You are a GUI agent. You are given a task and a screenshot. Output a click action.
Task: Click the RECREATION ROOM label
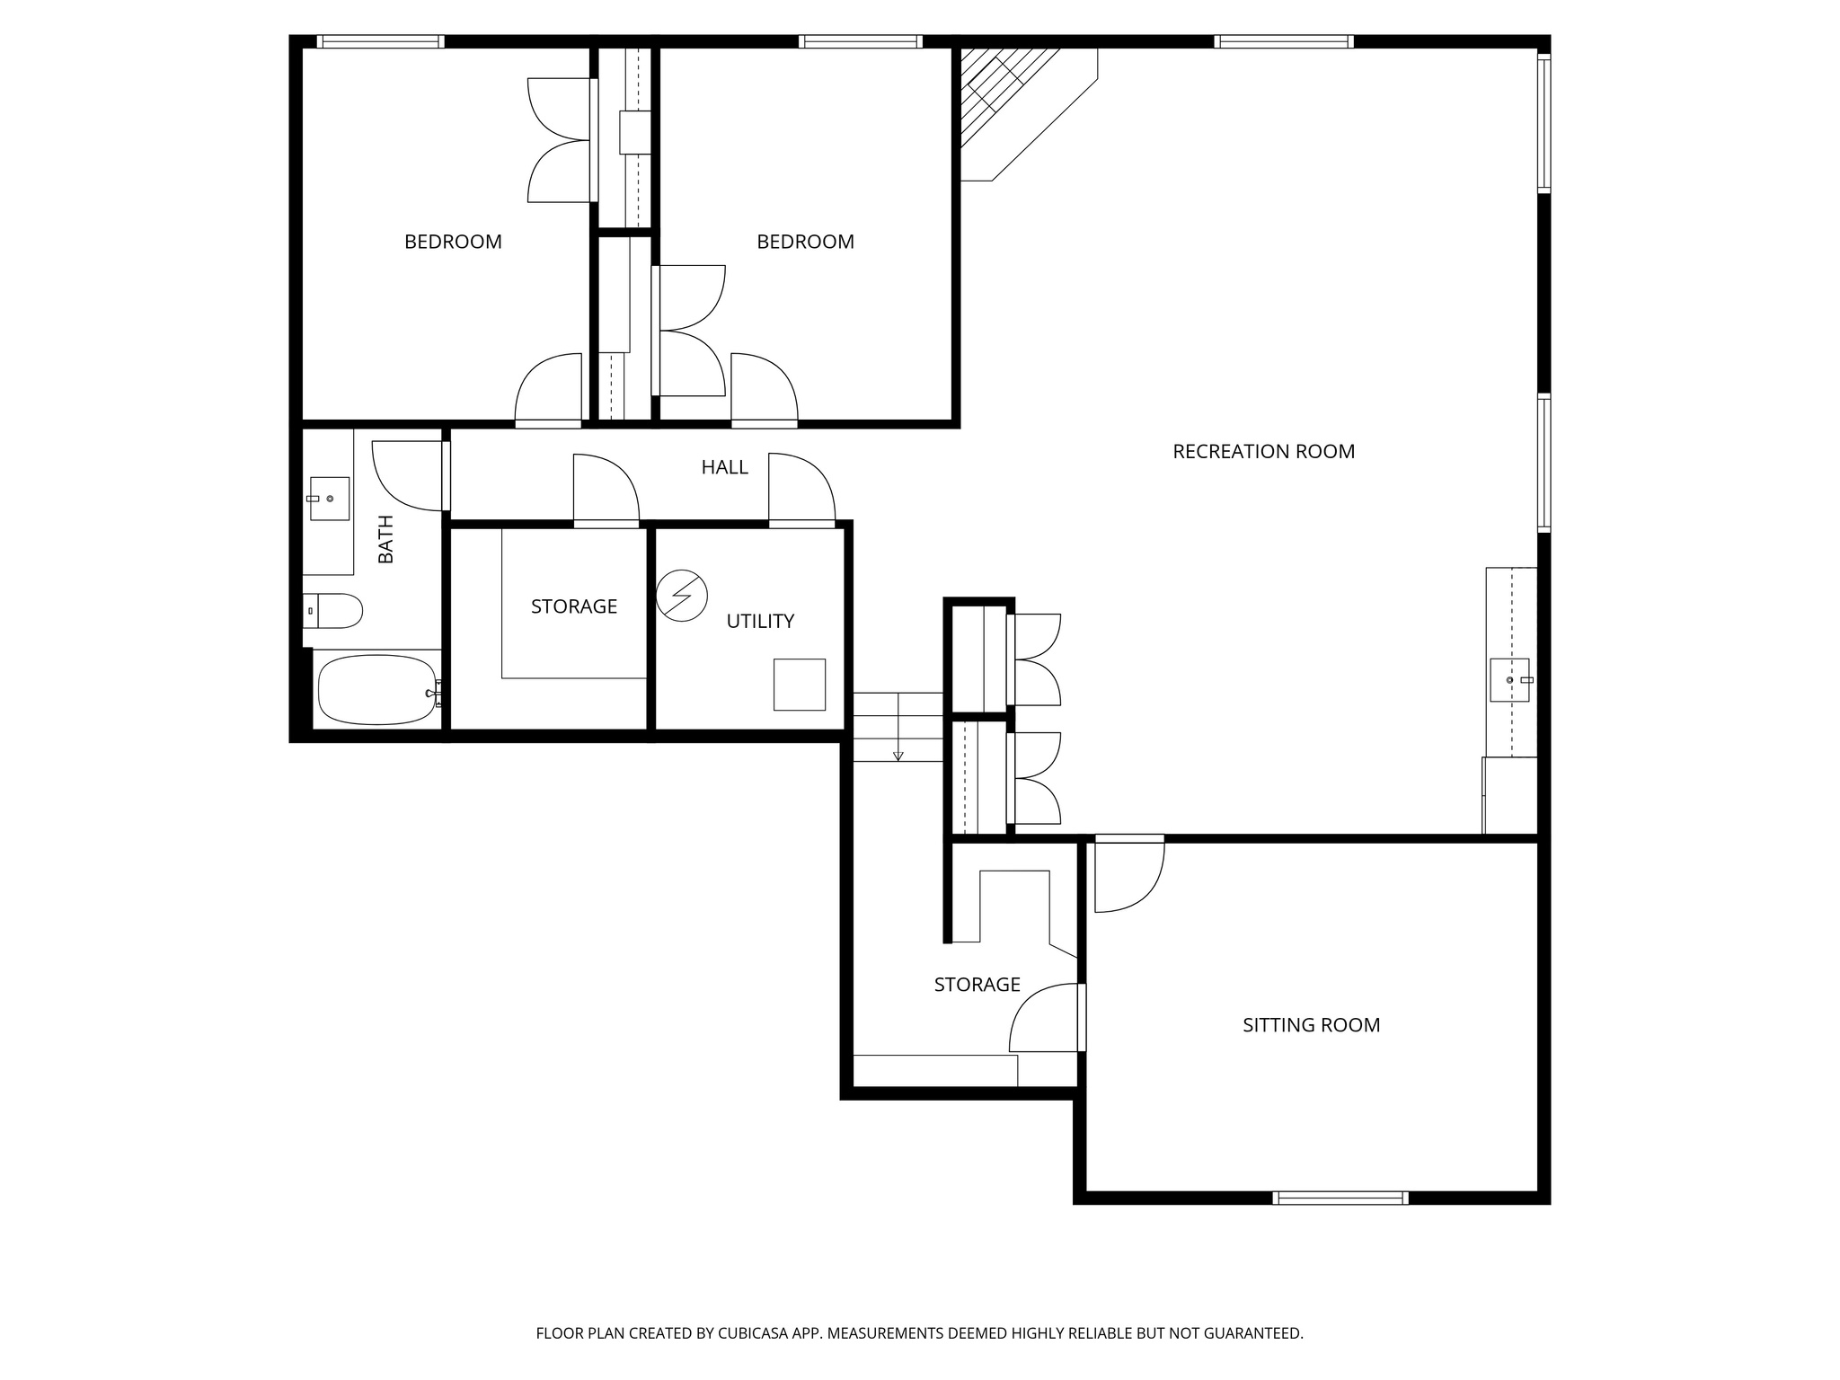tap(1263, 452)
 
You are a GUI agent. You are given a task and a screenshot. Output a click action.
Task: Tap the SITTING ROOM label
tap(1311, 1025)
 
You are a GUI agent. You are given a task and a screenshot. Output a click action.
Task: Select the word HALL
tap(724, 467)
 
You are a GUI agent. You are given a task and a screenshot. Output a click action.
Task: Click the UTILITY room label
tap(760, 621)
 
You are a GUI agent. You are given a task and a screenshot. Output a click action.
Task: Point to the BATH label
tap(386, 539)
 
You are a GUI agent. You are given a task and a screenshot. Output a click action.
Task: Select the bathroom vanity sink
tap(329, 499)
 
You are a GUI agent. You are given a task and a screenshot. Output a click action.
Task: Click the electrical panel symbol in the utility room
tap(682, 595)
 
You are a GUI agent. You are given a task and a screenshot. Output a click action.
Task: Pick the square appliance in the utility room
tap(800, 685)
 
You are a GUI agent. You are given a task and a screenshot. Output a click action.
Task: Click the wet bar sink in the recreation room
tap(1509, 680)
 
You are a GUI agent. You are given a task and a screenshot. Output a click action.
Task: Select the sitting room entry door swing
tap(1128, 876)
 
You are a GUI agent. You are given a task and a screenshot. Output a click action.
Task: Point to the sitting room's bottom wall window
tap(1340, 1198)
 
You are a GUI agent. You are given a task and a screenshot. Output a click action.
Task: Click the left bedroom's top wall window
tap(381, 41)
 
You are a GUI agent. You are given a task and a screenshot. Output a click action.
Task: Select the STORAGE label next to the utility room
tap(573, 606)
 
